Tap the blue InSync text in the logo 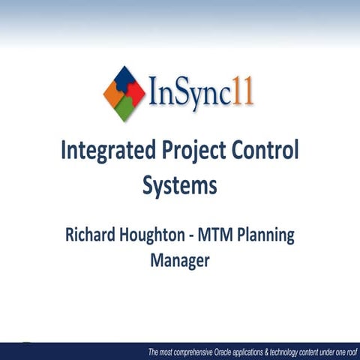(x=190, y=96)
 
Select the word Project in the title (x=197, y=152)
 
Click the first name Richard (x=91, y=235)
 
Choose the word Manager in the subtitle (x=180, y=262)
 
